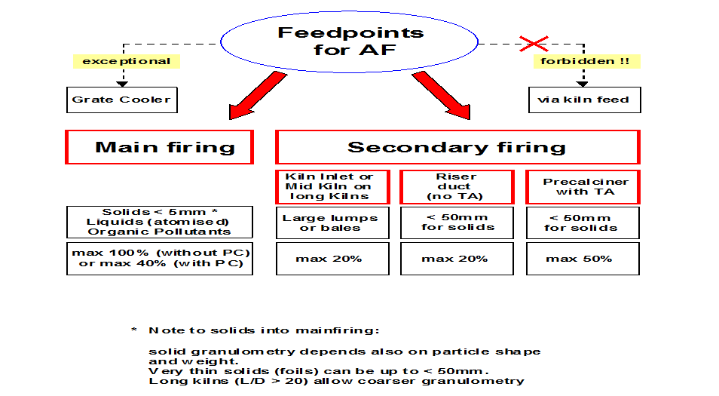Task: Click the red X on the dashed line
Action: click(x=534, y=44)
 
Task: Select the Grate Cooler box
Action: click(x=122, y=100)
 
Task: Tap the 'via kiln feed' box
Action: click(x=585, y=100)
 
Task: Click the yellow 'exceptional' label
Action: click(x=127, y=62)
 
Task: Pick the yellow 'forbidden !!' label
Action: click(x=587, y=62)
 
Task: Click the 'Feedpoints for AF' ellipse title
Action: click(x=350, y=41)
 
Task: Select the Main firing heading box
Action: click(x=160, y=147)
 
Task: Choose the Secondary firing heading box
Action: click(x=457, y=147)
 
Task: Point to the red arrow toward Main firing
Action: click(x=257, y=96)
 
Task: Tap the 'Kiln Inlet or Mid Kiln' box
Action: click(x=332, y=187)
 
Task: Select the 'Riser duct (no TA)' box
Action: click(x=457, y=187)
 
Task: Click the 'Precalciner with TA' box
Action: click(x=583, y=187)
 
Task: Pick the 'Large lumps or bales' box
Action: click(x=332, y=223)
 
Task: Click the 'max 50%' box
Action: click(x=583, y=259)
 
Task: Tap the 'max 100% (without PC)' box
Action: click(x=160, y=259)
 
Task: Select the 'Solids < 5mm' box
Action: click(x=160, y=222)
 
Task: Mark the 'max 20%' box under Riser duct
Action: click(x=457, y=259)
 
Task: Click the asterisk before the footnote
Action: click(x=134, y=330)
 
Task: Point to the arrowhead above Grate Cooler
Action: click(x=122, y=84)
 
